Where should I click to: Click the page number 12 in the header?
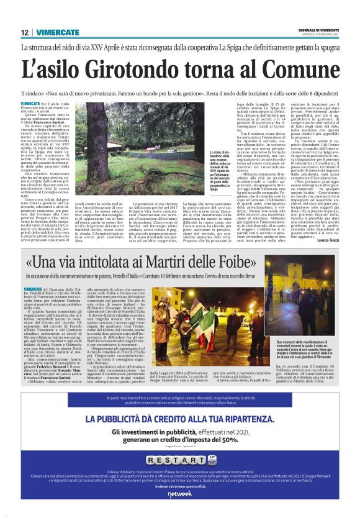(x=25, y=32)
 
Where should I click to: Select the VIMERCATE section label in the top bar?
(x=57, y=32)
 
